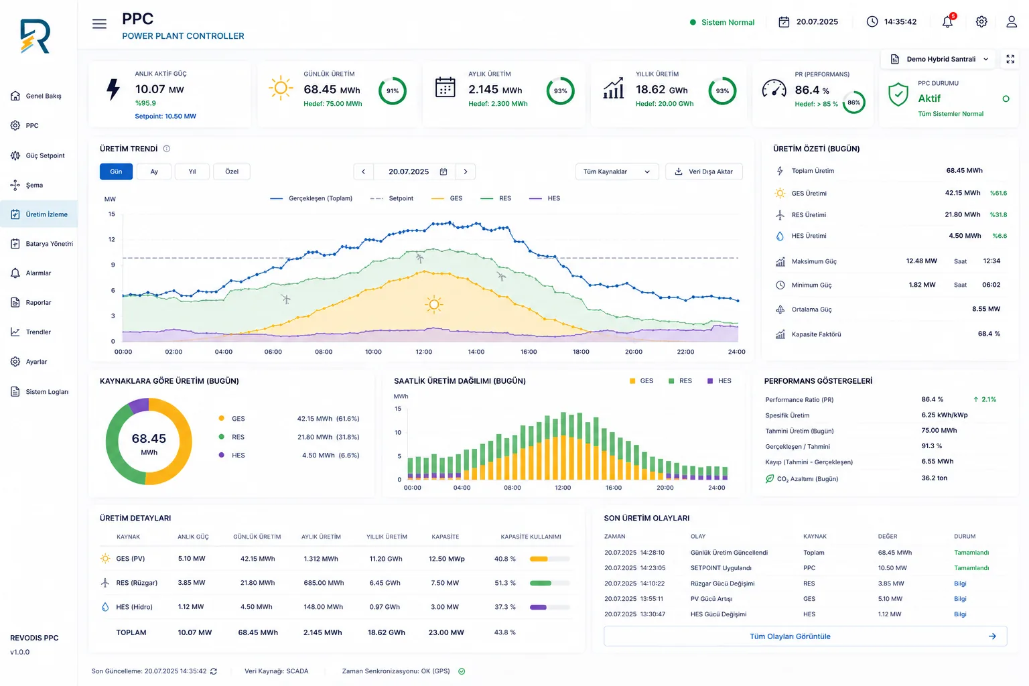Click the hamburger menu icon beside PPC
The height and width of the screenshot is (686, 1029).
pos(99,23)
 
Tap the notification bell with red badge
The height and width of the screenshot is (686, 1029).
pos(948,21)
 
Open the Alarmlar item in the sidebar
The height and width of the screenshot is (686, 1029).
pos(38,273)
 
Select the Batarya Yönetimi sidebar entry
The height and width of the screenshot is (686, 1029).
pos(42,244)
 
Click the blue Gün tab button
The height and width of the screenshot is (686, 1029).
pos(116,171)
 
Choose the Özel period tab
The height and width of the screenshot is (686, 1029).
pos(232,171)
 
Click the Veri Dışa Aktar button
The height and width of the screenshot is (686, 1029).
pos(704,171)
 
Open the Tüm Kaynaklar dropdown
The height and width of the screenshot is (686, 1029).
pos(617,171)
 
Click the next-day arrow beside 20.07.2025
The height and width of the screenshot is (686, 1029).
pos(466,171)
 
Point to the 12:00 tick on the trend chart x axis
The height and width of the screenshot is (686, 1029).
pos(423,352)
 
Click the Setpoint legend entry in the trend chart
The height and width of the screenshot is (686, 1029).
pos(392,198)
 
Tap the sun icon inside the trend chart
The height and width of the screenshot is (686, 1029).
pos(433,304)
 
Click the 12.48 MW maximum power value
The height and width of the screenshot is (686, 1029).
pos(922,261)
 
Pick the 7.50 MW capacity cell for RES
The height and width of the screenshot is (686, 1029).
pos(445,583)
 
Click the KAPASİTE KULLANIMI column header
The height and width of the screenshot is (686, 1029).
pos(531,537)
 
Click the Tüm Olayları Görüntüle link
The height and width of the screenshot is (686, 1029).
pos(790,636)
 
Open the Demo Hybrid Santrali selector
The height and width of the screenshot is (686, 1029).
pos(939,59)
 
